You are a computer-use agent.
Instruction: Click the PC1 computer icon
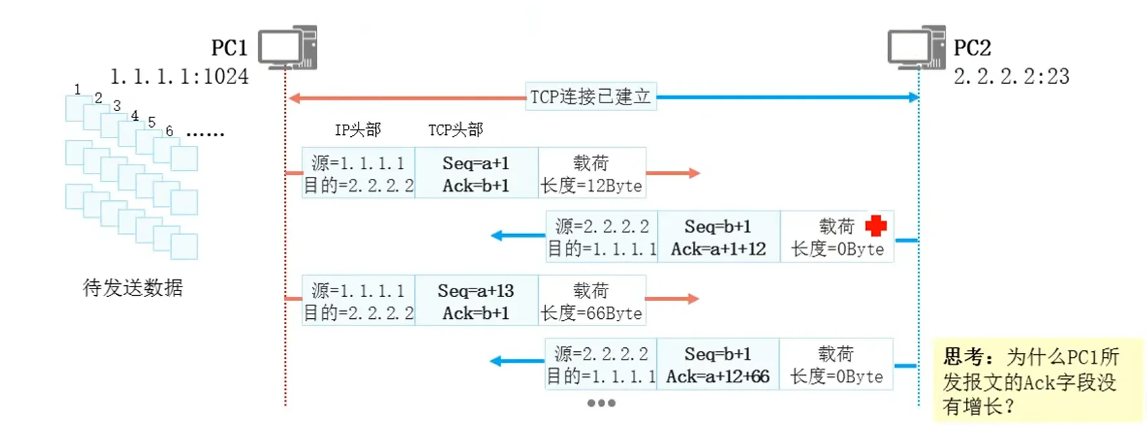[288, 47]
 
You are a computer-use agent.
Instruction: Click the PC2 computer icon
[916, 47]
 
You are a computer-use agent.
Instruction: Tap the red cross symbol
[876, 226]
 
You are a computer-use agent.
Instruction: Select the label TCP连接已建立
[590, 97]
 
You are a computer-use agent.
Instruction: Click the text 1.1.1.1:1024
[179, 77]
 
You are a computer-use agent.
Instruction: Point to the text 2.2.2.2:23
[1011, 77]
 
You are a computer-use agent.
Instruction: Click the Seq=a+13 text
[476, 290]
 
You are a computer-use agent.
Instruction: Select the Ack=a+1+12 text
[718, 249]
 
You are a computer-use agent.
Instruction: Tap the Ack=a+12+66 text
[718, 376]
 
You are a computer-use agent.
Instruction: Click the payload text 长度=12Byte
[592, 186]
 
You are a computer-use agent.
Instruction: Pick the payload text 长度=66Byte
[592, 314]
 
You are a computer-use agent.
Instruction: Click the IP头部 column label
[358, 130]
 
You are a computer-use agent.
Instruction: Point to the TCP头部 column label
[455, 130]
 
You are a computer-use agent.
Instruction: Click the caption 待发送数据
[133, 287]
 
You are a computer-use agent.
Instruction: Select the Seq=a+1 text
[476, 163]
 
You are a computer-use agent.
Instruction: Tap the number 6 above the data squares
[169, 131]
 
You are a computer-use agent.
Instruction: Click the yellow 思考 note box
[1037, 380]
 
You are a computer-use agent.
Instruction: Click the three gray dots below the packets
[601, 403]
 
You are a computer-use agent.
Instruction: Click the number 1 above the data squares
[77, 89]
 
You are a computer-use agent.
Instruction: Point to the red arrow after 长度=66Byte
[672, 299]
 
